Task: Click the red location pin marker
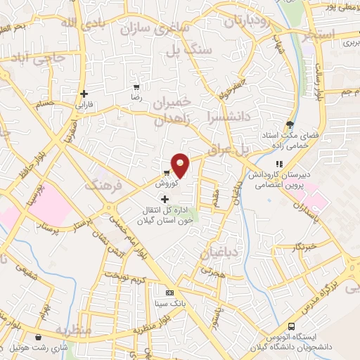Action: [x=181, y=165]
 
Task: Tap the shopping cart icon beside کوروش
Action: [x=166, y=172]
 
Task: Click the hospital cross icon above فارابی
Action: [x=84, y=93]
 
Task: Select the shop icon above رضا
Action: [x=136, y=88]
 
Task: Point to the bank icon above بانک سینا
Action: [x=169, y=292]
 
